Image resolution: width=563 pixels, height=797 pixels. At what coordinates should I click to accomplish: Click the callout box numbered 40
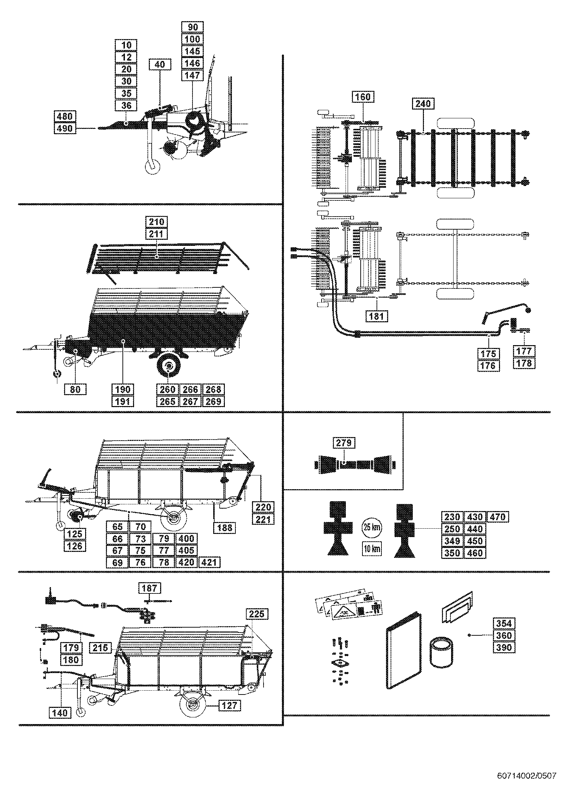click(x=159, y=64)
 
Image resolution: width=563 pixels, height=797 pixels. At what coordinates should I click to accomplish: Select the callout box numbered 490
click(x=65, y=128)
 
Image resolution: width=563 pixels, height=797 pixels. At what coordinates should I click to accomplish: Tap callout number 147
click(x=192, y=75)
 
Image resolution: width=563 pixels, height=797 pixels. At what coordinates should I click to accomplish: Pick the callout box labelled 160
click(x=363, y=96)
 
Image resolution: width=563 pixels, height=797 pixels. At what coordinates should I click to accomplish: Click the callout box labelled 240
click(x=423, y=104)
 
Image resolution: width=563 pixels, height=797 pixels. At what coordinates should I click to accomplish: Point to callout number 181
click(x=377, y=316)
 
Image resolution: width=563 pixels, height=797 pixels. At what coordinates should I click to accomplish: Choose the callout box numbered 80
click(x=75, y=389)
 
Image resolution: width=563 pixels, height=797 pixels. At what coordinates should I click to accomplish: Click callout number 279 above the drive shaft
click(x=343, y=443)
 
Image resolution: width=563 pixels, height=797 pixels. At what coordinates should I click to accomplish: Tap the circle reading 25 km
click(x=372, y=527)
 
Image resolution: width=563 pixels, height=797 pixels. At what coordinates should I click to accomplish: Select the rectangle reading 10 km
click(x=372, y=549)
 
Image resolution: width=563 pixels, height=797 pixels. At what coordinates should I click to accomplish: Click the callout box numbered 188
click(x=225, y=527)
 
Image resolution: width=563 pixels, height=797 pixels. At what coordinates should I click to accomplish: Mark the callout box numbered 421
click(x=210, y=562)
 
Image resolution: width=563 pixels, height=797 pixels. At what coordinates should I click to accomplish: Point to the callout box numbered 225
click(x=257, y=614)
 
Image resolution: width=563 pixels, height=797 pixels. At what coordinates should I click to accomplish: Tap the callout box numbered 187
click(x=150, y=588)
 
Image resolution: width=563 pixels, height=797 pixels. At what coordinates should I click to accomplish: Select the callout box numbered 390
click(x=504, y=647)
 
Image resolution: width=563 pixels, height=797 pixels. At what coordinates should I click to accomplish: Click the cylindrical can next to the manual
click(x=441, y=652)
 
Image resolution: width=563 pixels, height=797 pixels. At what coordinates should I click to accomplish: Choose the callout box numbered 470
click(x=498, y=517)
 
